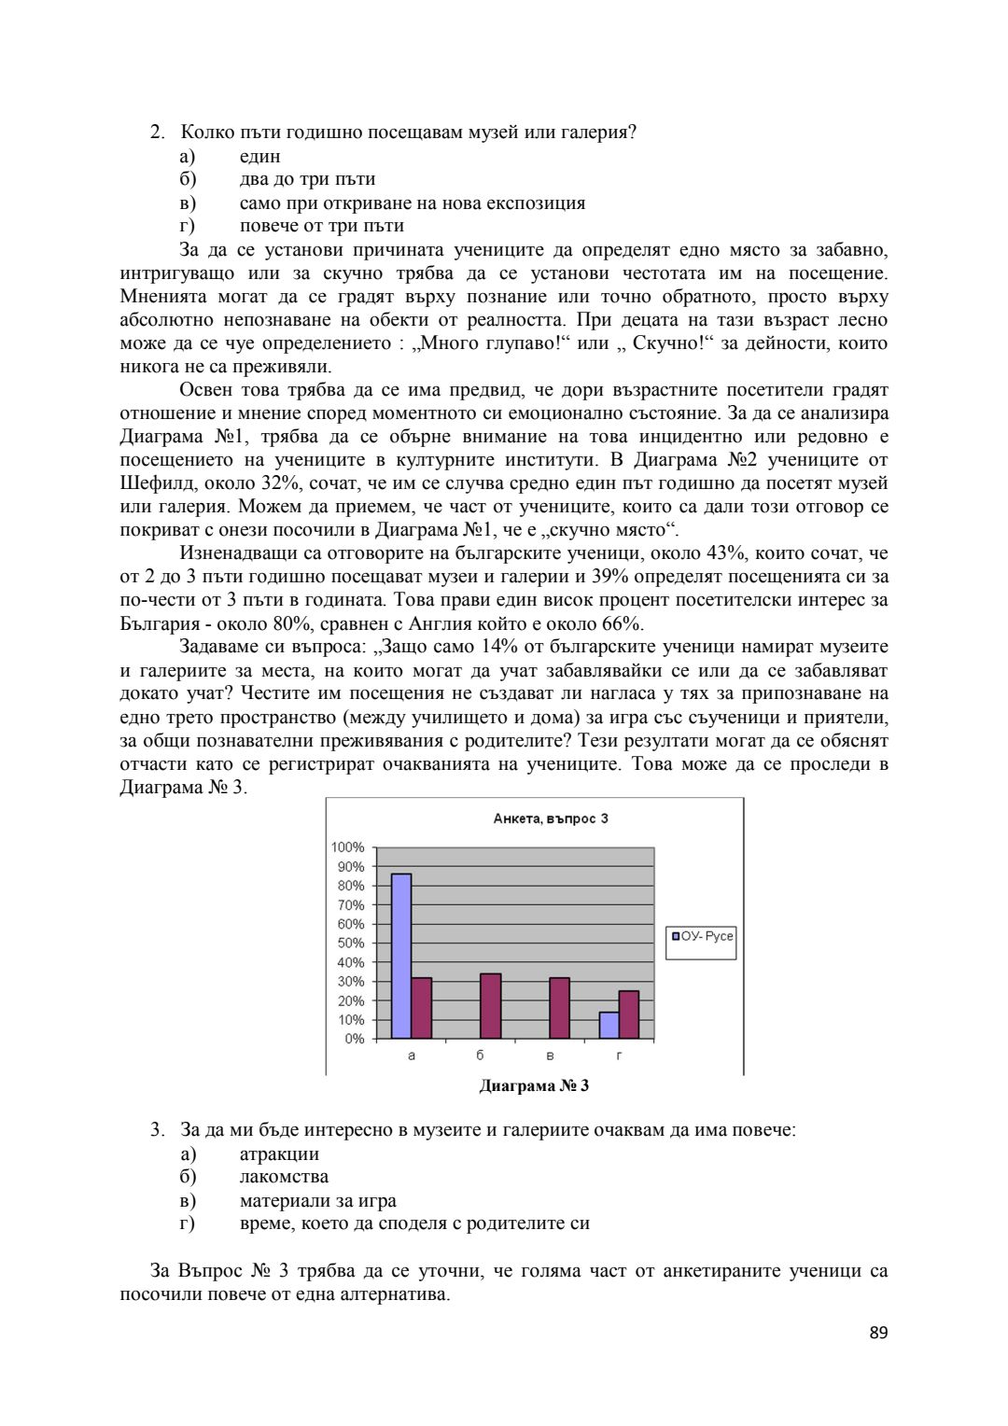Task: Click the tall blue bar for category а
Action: pyautogui.click(x=401, y=956)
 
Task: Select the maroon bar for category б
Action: pyautogui.click(x=490, y=1006)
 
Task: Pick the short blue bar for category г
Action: pyautogui.click(x=609, y=1026)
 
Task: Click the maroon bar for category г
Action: pyautogui.click(x=629, y=1014)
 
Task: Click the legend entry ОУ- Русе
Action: pyautogui.click(x=702, y=936)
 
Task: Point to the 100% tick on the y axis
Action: pyautogui.click(x=348, y=847)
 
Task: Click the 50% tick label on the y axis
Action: pyautogui.click(x=351, y=944)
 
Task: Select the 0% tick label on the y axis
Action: pyautogui.click(x=355, y=1039)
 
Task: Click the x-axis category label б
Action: pyautogui.click(x=480, y=1056)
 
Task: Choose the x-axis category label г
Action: pyautogui.click(x=620, y=1056)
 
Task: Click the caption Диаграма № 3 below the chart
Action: pyautogui.click(x=534, y=1085)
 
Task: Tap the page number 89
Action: pyautogui.click(x=878, y=1333)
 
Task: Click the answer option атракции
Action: pyautogui.click(x=279, y=1153)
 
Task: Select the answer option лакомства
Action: pyautogui.click(x=284, y=1177)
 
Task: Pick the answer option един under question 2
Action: pyautogui.click(x=259, y=156)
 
